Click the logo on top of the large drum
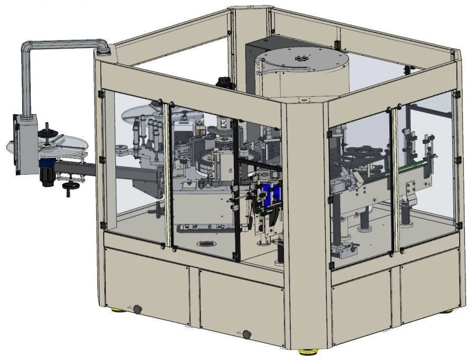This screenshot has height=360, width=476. click(302, 59)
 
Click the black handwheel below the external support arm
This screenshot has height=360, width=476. click(69, 186)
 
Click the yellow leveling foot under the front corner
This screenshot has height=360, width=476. click(305, 352)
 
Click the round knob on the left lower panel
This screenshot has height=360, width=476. click(138, 309)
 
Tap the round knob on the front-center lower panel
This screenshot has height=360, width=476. click(246, 334)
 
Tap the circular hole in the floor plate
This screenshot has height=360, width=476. click(205, 245)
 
